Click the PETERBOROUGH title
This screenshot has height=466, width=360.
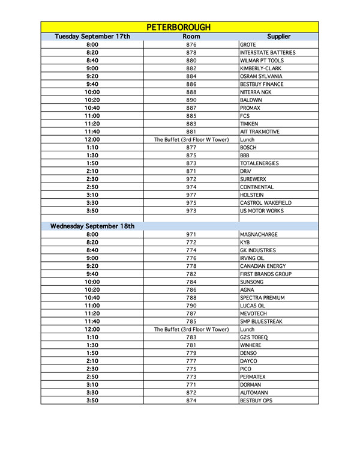click(x=179, y=27)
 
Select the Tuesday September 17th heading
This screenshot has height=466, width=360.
click(x=92, y=37)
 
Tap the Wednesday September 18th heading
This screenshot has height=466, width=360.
click(x=92, y=226)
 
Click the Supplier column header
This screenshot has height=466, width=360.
click(x=278, y=37)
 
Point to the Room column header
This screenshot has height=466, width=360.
click(x=191, y=37)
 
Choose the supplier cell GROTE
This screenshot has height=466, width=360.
click(x=248, y=45)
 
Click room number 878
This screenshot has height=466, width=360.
click(x=191, y=53)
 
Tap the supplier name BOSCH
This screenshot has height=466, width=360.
click(x=248, y=147)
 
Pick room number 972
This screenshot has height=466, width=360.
click(x=191, y=179)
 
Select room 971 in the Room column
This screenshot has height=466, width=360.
click(x=191, y=234)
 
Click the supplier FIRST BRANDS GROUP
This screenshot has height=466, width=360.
click(x=265, y=274)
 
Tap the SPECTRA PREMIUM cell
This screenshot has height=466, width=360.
click(x=262, y=297)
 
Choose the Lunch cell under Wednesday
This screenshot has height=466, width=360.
click(x=247, y=329)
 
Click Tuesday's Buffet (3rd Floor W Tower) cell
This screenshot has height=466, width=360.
click(x=191, y=139)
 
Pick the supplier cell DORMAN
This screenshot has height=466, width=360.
click(x=250, y=384)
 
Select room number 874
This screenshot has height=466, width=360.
click(x=191, y=400)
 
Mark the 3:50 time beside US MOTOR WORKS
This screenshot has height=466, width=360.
click(x=92, y=211)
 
